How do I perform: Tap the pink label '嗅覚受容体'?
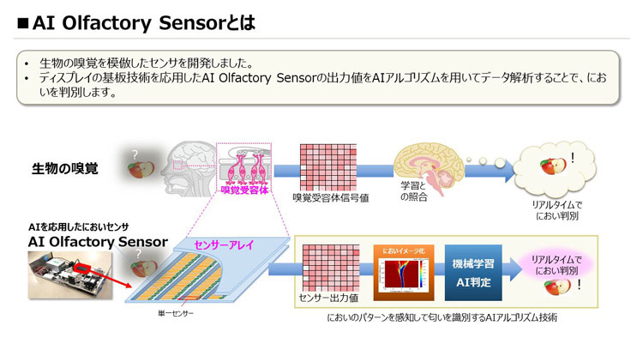[x=246, y=190]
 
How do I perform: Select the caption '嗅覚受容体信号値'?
[x=331, y=198]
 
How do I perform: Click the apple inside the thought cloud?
[x=550, y=165]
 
